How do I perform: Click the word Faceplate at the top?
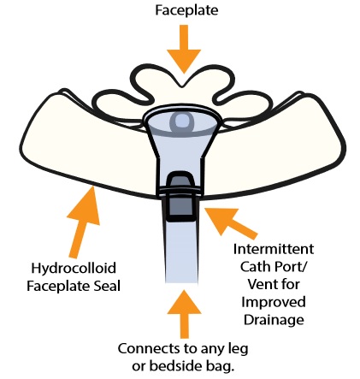(186, 10)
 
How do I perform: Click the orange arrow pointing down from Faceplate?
(184, 49)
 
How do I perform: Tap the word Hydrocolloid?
(74, 269)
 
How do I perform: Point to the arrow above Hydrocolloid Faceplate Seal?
(84, 222)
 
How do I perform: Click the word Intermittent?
(274, 249)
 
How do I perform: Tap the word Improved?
(274, 303)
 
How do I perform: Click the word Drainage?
(274, 320)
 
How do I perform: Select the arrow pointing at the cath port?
(231, 222)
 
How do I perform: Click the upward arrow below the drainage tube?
(184, 314)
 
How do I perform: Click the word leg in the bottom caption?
(239, 349)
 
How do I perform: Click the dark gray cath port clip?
(181, 197)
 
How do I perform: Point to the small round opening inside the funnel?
(181, 121)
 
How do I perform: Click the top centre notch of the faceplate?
(182, 85)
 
